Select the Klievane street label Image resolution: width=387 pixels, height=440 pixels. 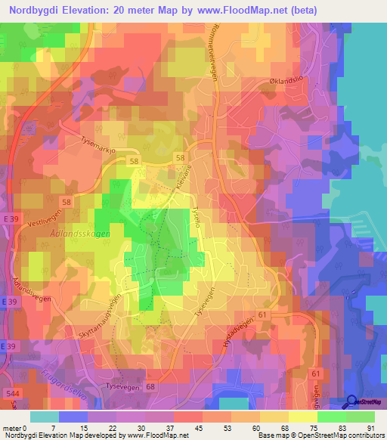tap(180, 178)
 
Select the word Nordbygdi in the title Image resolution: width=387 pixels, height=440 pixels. tap(38, 10)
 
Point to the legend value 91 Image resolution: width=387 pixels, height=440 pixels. tap(371, 428)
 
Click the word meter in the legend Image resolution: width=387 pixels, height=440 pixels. tap(12, 428)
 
